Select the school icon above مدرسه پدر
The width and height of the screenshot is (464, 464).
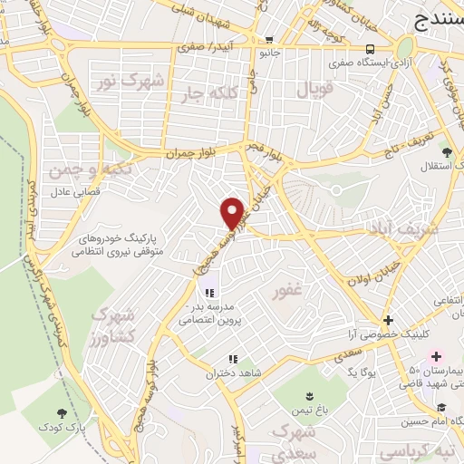(x=209, y=293)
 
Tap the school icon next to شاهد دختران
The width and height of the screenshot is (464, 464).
(x=232, y=360)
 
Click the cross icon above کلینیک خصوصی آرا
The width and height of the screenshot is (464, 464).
(x=388, y=320)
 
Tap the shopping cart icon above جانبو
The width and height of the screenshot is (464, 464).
(x=269, y=39)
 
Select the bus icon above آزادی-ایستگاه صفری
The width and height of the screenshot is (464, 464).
(x=369, y=49)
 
